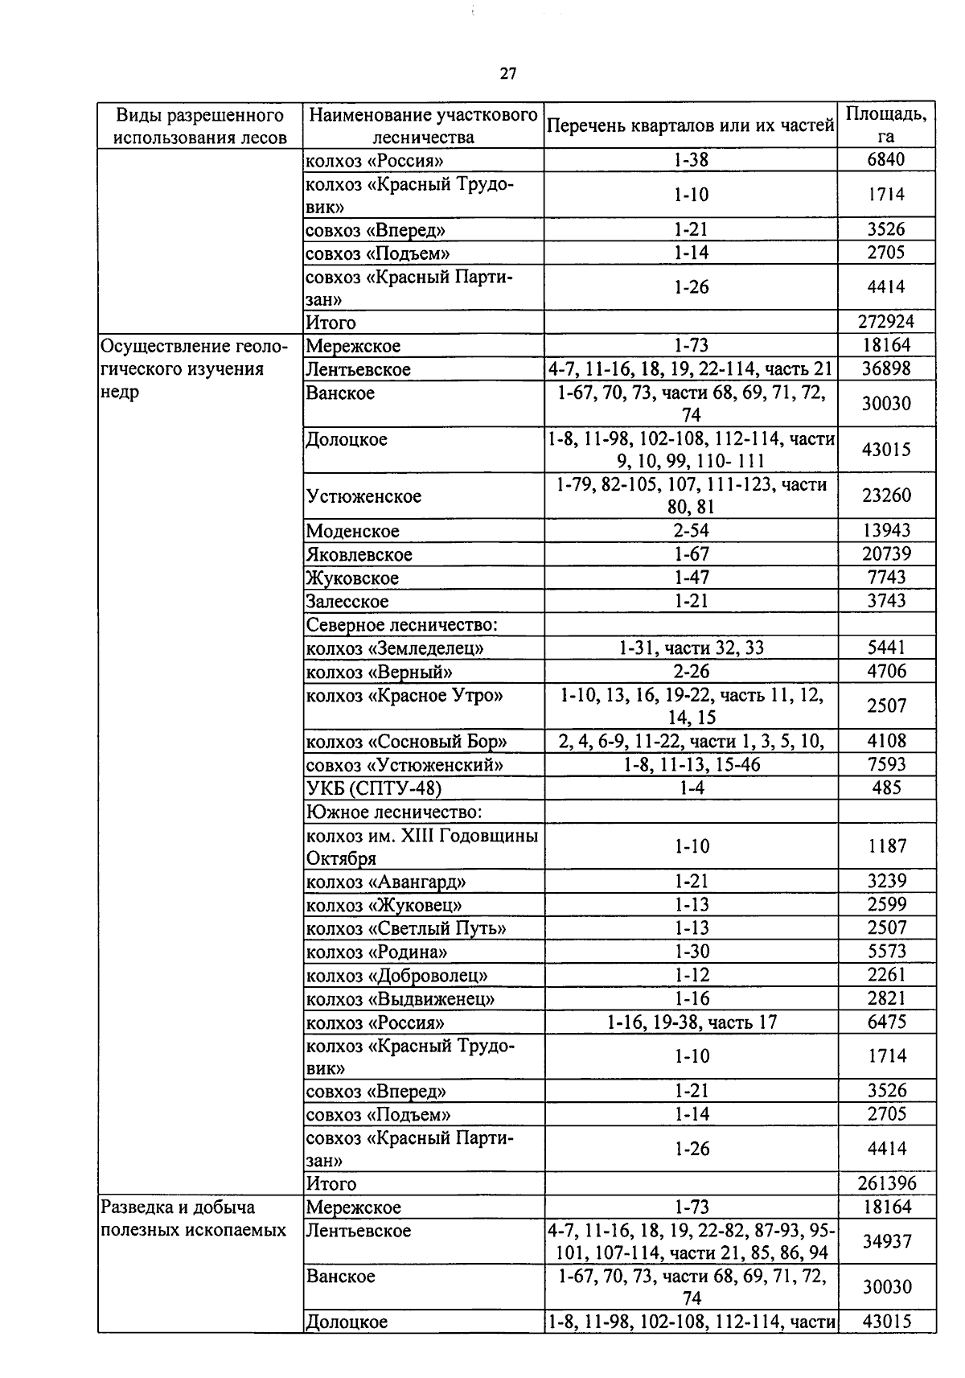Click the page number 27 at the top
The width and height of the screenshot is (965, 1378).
pos(507,74)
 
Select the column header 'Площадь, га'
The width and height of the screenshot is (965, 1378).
pos(886,125)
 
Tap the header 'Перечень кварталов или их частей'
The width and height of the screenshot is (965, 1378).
pos(691,125)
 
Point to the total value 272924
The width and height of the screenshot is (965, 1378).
pos(886,322)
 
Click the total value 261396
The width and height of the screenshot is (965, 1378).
pos(886,1183)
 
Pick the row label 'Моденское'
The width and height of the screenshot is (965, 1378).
pos(352,531)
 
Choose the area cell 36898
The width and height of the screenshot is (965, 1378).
pos(886,369)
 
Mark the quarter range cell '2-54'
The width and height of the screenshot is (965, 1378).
pos(691,530)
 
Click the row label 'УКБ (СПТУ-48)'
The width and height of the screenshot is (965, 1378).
pos(374,788)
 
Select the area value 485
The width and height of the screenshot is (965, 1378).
pos(886,788)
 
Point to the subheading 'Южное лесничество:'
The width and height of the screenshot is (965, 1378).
pos(394,812)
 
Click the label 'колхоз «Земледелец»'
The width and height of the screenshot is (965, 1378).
pos(395,648)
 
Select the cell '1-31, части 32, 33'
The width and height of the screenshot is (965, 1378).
pos(691,648)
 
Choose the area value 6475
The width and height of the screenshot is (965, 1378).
pos(886,1022)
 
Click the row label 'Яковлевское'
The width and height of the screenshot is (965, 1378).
pos(359,554)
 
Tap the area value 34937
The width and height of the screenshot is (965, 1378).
pos(886,1241)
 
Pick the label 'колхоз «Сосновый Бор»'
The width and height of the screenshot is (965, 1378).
pos(406,742)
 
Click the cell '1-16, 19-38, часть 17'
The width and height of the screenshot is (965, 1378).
pos(691,1022)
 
